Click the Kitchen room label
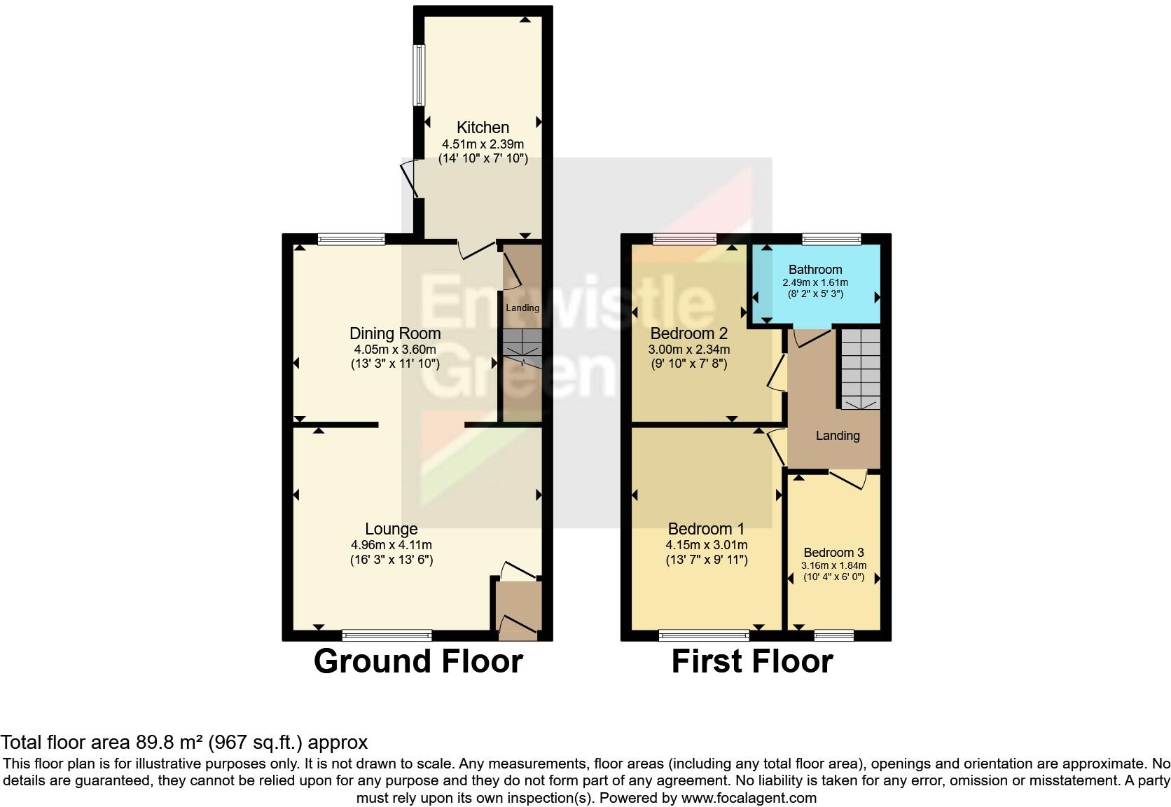click(483, 127)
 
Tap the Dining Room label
click(395, 333)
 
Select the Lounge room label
click(391, 530)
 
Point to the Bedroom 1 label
click(706, 530)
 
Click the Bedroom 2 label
click(689, 333)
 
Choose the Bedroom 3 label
click(833, 553)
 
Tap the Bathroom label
click(815, 270)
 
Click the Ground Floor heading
click(418, 661)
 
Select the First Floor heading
click(752, 661)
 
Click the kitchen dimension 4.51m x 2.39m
click(483, 144)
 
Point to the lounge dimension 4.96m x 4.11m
click(391, 545)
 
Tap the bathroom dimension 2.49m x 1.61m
click(815, 283)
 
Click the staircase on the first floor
click(860, 368)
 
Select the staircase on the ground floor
click(522, 347)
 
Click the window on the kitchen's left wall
click(419, 75)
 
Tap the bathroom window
click(831, 240)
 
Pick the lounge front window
click(387, 635)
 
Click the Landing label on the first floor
click(838, 436)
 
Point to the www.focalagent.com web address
click(749, 797)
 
